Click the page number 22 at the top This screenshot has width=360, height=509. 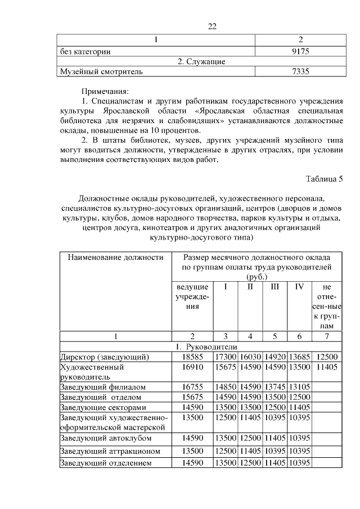click(212, 26)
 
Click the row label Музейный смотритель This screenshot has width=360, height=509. click(101, 71)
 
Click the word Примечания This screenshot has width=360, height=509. click(105, 91)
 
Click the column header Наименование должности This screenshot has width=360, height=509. click(115, 258)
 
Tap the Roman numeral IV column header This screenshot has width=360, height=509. click(299, 287)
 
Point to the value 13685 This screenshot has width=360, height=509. click(299, 357)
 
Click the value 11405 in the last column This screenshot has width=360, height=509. click(327, 367)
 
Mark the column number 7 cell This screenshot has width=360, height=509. click(327, 336)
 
